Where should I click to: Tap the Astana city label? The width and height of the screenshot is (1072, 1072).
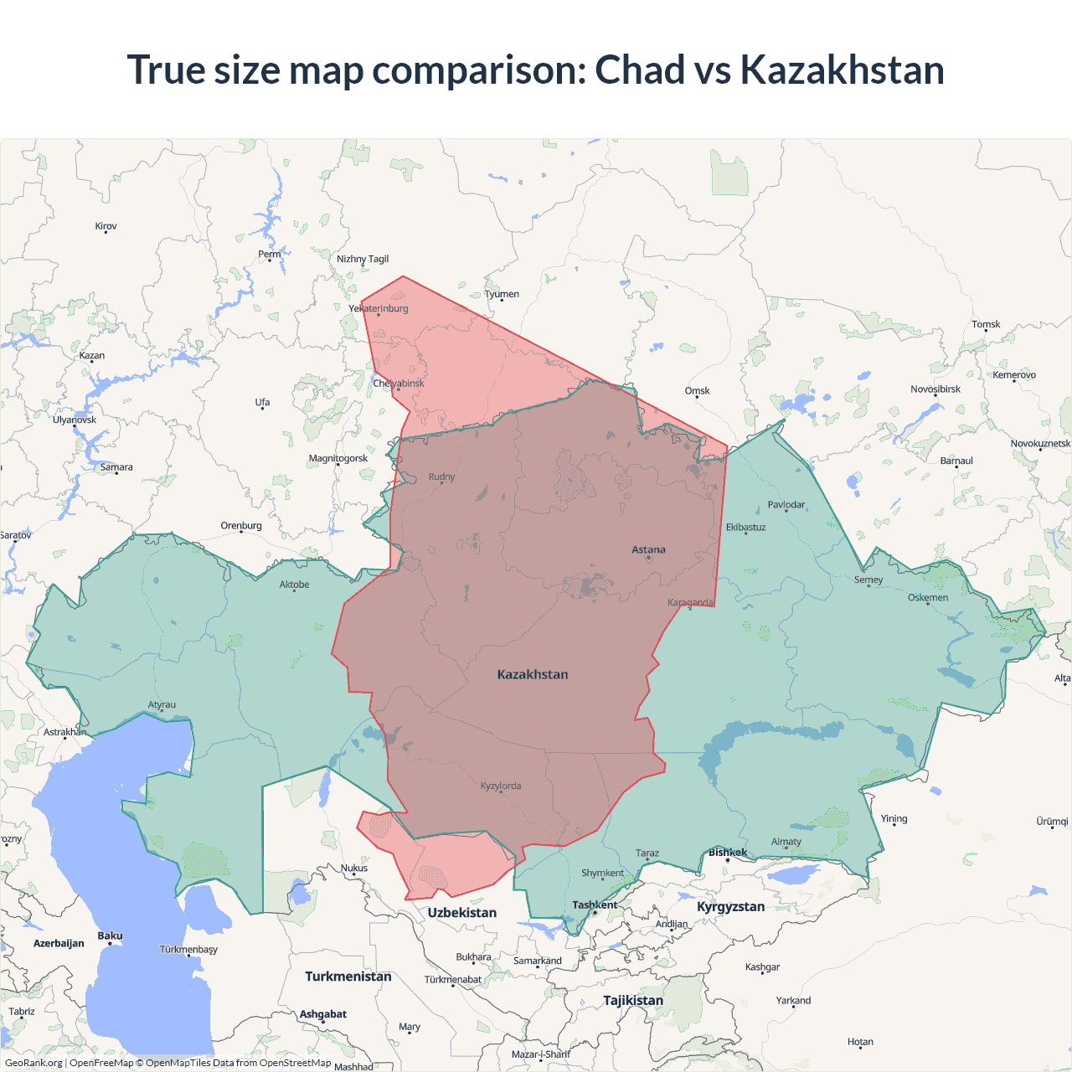(x=648, y=550)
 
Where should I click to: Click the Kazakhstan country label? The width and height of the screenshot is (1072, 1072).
(x=533, y=674)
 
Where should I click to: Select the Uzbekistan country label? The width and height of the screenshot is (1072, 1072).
(x=462, y=913)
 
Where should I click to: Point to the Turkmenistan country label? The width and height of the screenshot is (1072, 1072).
(x=348, y=977)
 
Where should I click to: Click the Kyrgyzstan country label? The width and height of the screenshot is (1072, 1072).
(x=730, y=907)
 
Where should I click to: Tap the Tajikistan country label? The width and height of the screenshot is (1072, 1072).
(x=633, y=1001)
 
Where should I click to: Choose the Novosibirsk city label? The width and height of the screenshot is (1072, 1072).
(x=935, y=389)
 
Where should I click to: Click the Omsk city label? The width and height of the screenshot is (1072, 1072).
(x=697, y=391)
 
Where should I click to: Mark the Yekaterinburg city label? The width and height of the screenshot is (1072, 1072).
(x=379, y=309)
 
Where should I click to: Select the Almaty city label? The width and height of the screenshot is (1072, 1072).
(x=786, y=842)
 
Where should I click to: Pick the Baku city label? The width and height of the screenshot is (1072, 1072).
(x=110, y=936)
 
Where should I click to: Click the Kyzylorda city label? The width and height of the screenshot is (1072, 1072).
(x=501, y=786)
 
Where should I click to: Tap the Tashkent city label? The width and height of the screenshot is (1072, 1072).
(x=595, y=905)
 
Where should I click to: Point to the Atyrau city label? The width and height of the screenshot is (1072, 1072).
(x=162, y=705)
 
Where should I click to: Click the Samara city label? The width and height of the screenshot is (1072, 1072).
(x=116, y=467)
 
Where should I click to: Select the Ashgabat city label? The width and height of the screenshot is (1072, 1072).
(x=323, y=1014)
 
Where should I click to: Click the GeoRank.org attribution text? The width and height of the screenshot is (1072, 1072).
(x=33, y=1063)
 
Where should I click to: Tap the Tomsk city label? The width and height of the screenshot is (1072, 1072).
(x=986, y=325)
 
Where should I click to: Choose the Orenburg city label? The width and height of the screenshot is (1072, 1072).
(x=241, y=526)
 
